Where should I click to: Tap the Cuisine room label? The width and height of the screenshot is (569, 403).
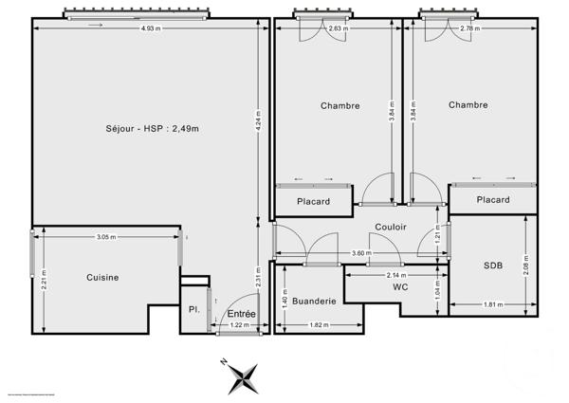tap(102, 277)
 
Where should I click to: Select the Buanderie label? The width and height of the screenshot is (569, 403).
tap(314, 301)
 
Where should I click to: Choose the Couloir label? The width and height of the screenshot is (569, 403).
tap(364, 228)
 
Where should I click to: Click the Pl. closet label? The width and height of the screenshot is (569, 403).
tap(193, 309)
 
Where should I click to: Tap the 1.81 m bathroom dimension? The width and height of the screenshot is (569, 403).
tap(492, 303)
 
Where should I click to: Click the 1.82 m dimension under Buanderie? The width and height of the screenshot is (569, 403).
tap(319, 325)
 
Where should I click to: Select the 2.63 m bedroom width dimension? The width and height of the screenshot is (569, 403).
tap(336, 27)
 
